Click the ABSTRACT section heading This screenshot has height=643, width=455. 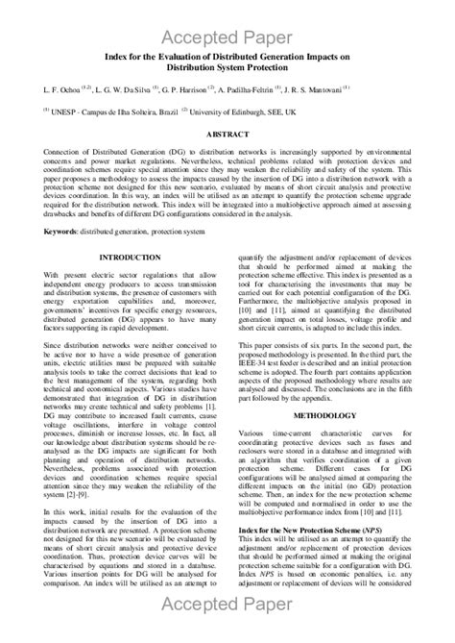coord(227,135)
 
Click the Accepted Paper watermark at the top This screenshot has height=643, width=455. coord(227,37)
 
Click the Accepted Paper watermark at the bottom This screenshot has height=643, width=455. coord(227,605)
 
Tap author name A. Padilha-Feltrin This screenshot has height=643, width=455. coord(265,89)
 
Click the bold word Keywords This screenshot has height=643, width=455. coord(63,232)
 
